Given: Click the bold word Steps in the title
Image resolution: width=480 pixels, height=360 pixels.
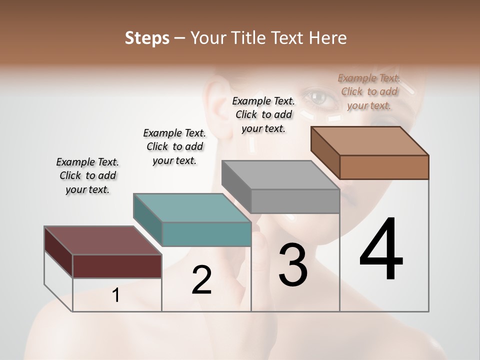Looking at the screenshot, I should pyautogui.click(x=147, y=38).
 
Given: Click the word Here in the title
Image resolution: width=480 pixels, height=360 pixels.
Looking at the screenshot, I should pyautogui.click(x=327, y=38).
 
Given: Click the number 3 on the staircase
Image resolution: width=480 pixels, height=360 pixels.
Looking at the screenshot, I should pyautogui.click(x=293, y=265).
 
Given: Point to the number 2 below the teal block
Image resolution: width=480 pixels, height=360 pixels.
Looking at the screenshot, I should pyautogui.click(x=201, y=280).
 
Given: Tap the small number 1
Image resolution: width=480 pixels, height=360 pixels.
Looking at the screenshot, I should pyautogui.click(x=116, y=295).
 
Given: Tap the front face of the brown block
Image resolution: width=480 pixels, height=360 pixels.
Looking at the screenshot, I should pyautogui.click(x=384, y=167).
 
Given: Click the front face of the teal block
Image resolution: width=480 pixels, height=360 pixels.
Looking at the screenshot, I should pyautogui.click(x=206, y=234).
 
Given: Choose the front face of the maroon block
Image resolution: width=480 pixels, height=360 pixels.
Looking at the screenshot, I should pyautogui.click(x=117, y=266).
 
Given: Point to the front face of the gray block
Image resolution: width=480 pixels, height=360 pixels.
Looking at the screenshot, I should pyautogui.click(x=295, y=201).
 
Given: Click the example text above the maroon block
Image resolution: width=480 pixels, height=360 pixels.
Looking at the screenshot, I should pyautogui.click(x=87, y=175).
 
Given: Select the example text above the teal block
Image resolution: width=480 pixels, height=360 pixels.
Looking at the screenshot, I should pyautogui.click(x=174, y=146).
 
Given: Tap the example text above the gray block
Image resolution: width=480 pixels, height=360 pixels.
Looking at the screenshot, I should pyautogui.click(x=263, y=114).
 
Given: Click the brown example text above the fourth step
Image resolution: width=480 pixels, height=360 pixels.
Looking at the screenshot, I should pyautogui.click(x=369, y=91).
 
